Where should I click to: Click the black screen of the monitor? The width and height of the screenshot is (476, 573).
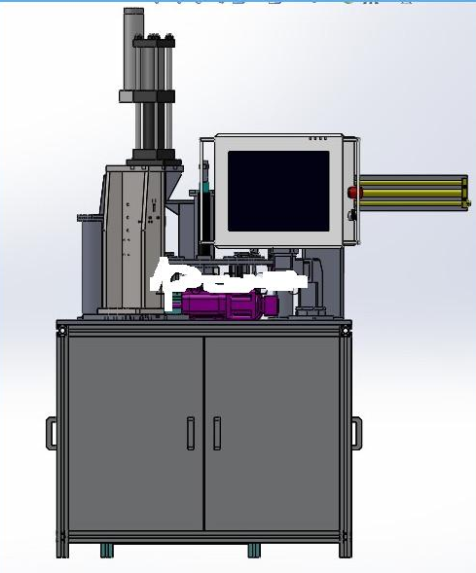[x=278, y=191]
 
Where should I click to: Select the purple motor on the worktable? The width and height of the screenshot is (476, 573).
[x=227, y=304]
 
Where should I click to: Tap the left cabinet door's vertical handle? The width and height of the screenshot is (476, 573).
[x=191, y=433]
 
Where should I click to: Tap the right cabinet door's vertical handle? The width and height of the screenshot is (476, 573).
[x=217, y=433]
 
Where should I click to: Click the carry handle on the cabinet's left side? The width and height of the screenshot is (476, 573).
[x=51, y=433]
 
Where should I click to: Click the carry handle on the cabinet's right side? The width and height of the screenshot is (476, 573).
[x=356, y=433]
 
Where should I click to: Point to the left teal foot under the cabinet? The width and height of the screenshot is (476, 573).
[x=106, y=551]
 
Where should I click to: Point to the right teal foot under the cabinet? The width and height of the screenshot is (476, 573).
[x=254, y=551]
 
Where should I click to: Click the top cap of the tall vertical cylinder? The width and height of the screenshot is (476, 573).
[x=133, y=13]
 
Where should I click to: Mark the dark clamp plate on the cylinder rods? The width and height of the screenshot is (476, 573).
[x=146, y=95]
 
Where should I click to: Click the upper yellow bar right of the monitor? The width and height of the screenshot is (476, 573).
[x=409, y=180]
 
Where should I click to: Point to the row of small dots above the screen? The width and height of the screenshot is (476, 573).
[x=318, y=139]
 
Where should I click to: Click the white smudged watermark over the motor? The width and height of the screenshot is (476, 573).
[x=224, y=279]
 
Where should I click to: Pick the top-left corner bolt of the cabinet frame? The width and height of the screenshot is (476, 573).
[x=62, y=332]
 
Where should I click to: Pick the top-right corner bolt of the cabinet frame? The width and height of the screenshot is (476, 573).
[x=344, y=332]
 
